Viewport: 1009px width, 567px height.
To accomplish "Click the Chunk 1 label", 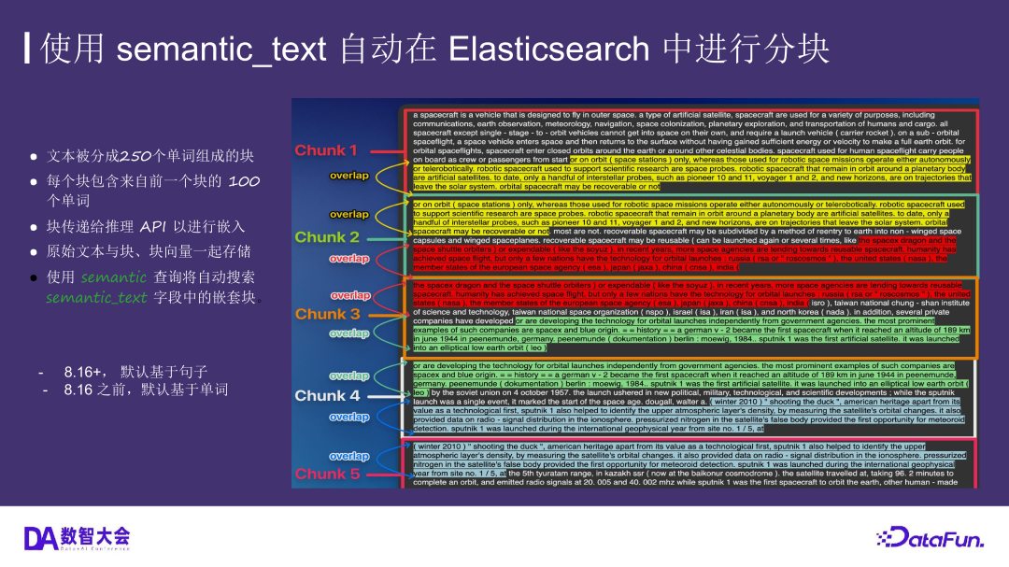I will [x=326, y=150].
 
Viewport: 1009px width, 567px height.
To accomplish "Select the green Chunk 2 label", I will [x=327, y=237].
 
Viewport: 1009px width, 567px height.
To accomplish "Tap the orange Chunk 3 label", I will [x=327, y=314].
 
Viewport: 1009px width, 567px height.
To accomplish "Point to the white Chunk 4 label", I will [x=327, y=395].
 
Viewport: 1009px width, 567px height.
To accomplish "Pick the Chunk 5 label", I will [x=327, y=474].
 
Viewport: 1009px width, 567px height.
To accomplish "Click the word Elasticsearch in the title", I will [x=550, y=49].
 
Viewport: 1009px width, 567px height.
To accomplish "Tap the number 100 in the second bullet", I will [x=244, y=180].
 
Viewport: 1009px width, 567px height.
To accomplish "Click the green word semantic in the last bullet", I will [x=113, y=276].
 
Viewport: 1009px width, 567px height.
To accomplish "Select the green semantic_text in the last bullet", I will [x=96, y=297].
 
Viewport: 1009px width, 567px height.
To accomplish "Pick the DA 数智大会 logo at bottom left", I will [x=77, y=537].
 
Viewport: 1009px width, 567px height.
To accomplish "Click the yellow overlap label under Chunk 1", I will [x=348, y=176].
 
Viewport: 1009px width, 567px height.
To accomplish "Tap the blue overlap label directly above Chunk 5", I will [x=348, y=456].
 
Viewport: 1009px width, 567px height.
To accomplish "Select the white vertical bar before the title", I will [x=27, y=49].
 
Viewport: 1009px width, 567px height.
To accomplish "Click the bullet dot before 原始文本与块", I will [x=33, y=252].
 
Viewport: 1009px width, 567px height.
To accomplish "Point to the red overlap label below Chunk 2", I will [x=348, y=258].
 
